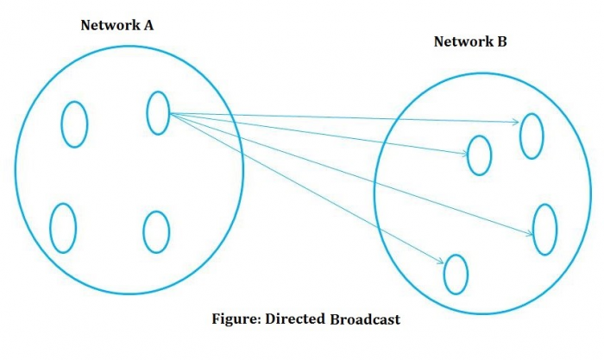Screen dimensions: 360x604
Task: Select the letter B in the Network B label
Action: coord(502,41)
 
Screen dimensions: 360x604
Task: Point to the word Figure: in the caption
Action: coord(236,319)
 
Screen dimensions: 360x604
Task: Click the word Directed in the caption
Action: coord(295,319)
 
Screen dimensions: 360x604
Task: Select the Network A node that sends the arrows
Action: coord(158,113)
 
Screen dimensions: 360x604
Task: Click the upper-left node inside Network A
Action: coord(74,124)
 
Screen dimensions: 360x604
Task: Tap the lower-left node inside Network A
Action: coord(63,227)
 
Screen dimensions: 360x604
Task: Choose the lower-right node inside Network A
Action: coord(156,231)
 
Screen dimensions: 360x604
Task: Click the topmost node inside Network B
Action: coord(532,136)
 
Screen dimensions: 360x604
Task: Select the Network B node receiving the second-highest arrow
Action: coord(480,155)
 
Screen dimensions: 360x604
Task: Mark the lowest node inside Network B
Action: coord(456,275)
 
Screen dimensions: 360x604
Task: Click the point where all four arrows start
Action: coord(170,113)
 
